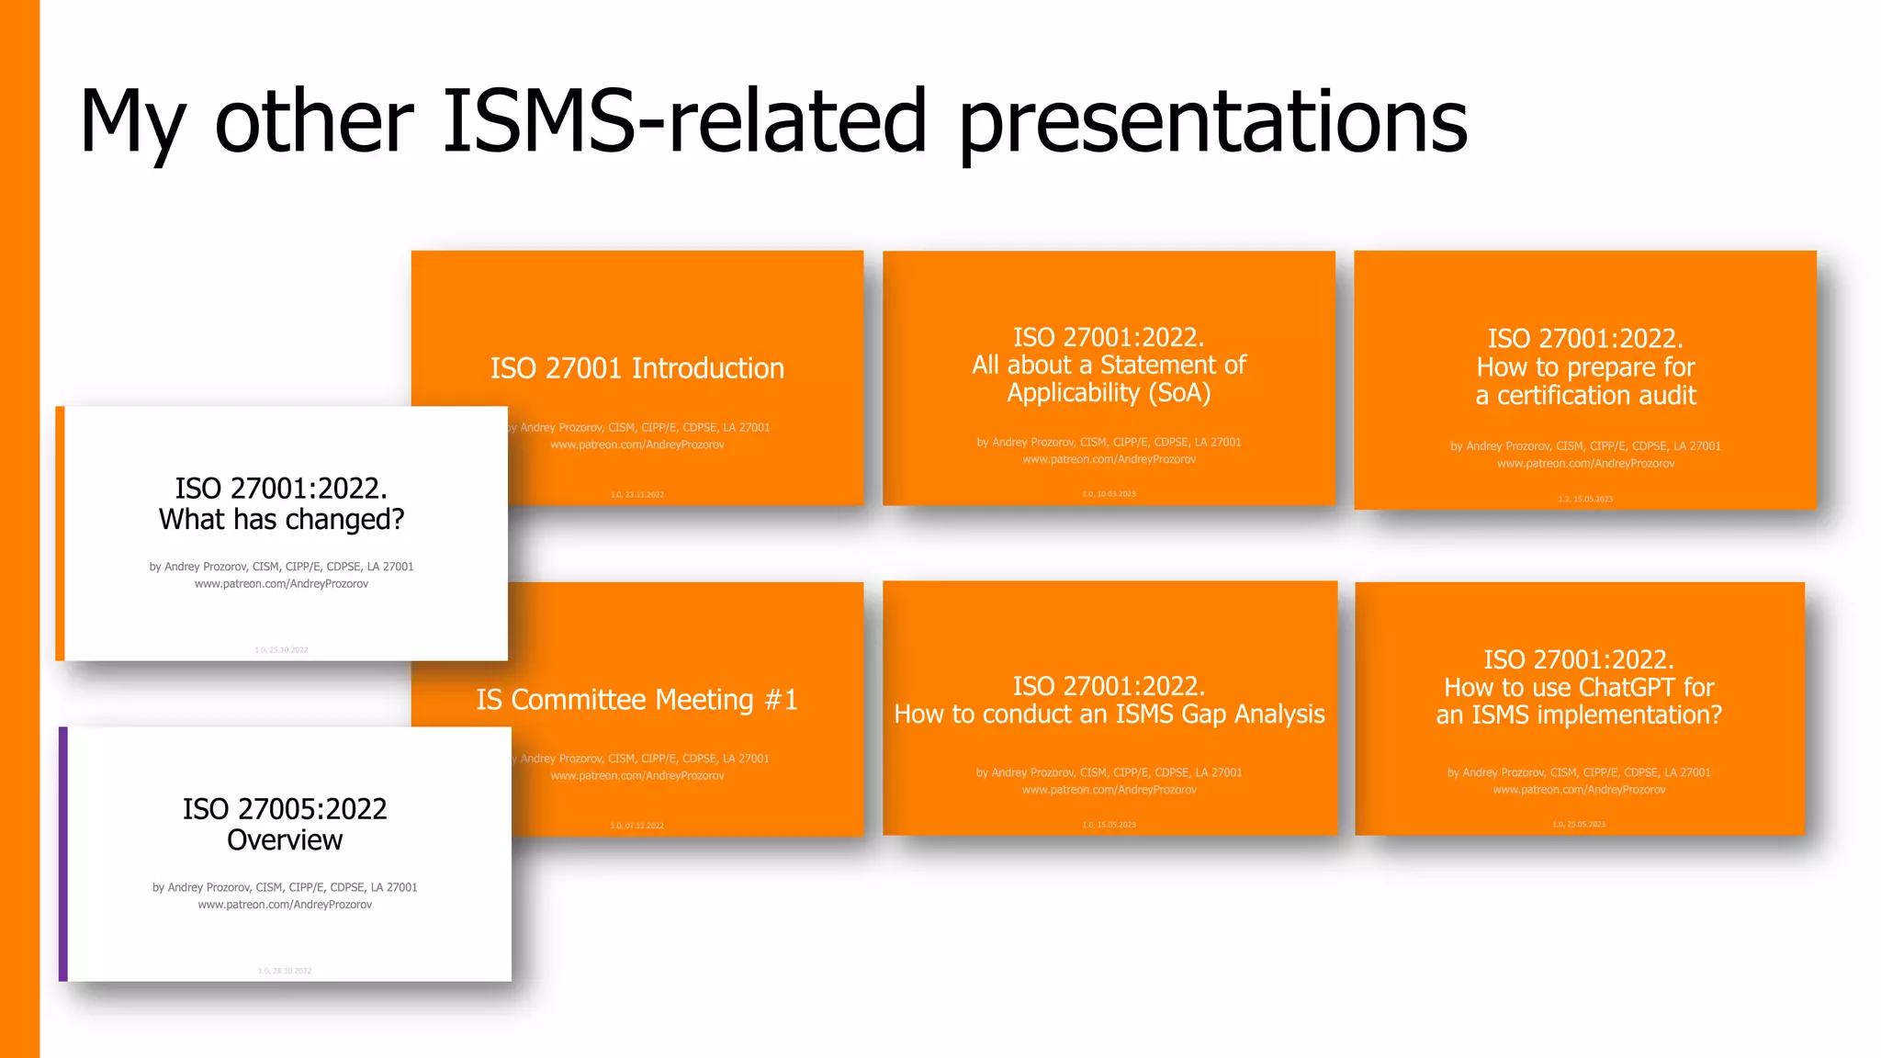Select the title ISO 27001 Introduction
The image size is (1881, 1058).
[636, 368]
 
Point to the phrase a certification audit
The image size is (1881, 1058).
[1585, 396]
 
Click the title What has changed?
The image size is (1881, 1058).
[281, 520]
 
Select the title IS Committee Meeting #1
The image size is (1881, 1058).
[636, 700]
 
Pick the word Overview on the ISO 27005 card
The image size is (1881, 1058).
[285, 840]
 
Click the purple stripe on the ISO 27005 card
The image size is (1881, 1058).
[63, 854]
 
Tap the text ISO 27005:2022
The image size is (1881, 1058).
[285, 809]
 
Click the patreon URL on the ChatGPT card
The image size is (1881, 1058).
[1579, 790]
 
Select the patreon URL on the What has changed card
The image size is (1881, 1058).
[281, 584]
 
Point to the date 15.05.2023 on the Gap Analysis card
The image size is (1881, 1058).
[1116, 825]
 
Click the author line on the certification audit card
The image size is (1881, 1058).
[1585, 446]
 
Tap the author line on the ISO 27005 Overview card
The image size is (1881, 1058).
[285, 887]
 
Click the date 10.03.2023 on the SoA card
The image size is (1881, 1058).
[1116, 494]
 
